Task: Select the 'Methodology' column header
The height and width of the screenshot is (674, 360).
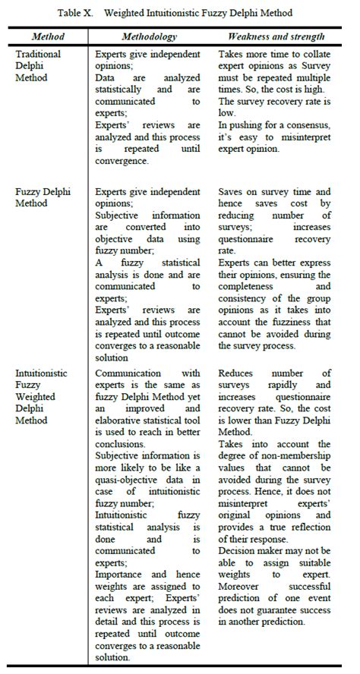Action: pyautogui.click(x=150, y=36)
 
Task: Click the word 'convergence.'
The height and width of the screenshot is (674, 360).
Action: pyautogui.click(x=128, y=161)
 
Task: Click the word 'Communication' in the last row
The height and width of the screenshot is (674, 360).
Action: pyautogui.click(x=131, y=374)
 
